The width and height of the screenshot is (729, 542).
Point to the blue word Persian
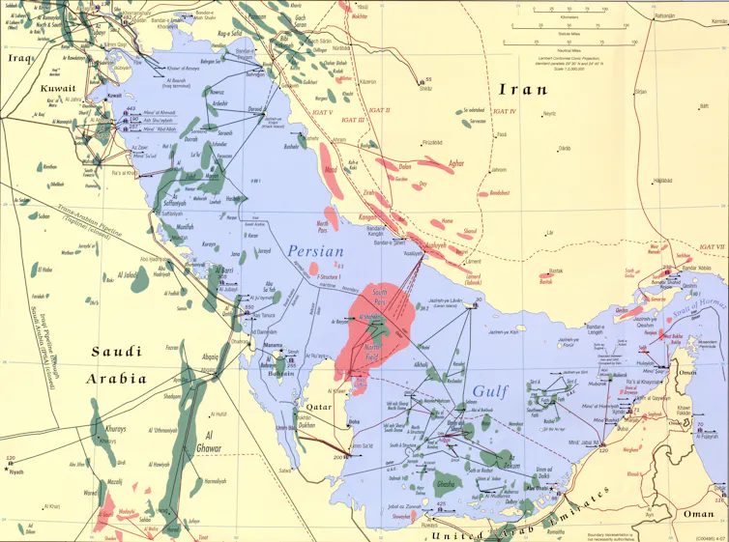pos(316,252)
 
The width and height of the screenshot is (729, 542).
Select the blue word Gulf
pos(492,391)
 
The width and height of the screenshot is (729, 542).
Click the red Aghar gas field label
pos(437,163)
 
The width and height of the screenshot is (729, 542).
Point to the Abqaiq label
pos(210,355)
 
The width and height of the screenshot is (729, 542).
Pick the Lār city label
pos(549,232)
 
